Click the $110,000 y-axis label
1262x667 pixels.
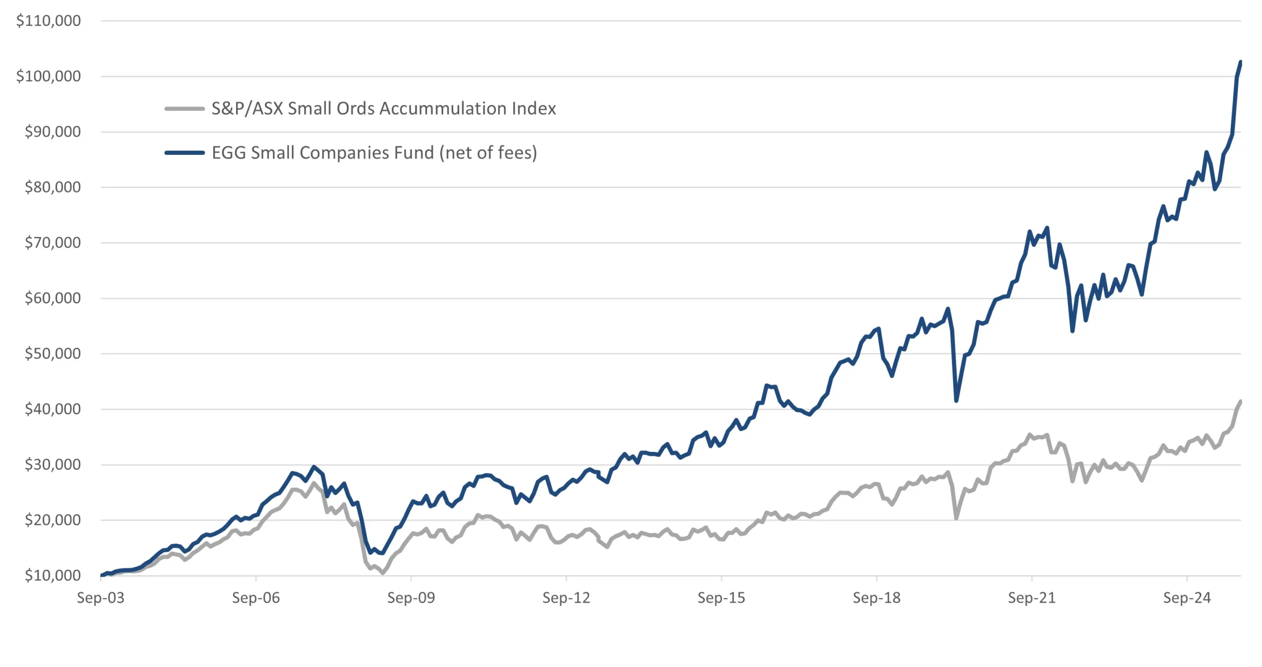pyautogui.click(x=48, y=21)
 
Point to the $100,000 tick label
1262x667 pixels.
pyautogui.click(x=48, y=76)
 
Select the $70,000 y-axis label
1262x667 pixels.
pyautogui.click(x=52, y=243)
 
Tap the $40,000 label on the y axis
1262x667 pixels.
pyautogui.click(x=52, y=409)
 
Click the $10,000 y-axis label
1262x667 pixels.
pyautogui.click(x=52, y=575)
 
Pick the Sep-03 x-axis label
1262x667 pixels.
pyautogui.click(x=101, y=598)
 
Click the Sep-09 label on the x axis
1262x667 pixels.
pyautogui.click(x=411, y=598)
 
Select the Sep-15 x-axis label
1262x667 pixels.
pyautogui.click(x=721, y=598)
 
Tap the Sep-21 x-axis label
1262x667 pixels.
pyautogui.click(x=1032, y=598)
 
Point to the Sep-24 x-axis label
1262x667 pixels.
pyautogui.click(x=1187, y=598)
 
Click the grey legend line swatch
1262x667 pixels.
pyautogui.click(x=184, y=108)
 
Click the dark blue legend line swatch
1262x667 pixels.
pyautogui.click(x=184, y=153)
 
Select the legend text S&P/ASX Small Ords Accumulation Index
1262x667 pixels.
pyautogui.click(x=384, y=108)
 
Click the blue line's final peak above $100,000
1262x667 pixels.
pyautogui.click(x=1240, y=62)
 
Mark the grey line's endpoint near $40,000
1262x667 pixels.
pyautogui.click(x=1240, y=402)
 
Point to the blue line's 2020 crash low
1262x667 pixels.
pyautogui.click(x=956, y=401)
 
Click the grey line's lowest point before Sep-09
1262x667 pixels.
pyautogui.click(x=383, y=573)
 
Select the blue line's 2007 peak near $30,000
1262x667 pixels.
pyautogui.click(x=314, y=467)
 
